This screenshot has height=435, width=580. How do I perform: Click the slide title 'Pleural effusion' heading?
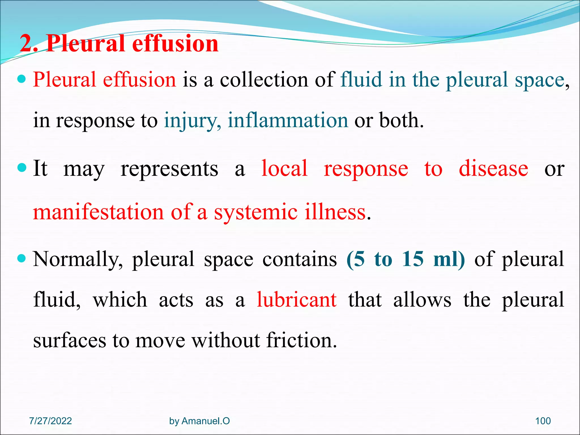(x=119, y=44)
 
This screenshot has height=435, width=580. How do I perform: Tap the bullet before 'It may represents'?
(x=22, y=168)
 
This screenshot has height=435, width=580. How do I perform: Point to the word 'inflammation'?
(x=288, y=120)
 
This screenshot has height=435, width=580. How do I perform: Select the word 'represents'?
(x=169, y=169)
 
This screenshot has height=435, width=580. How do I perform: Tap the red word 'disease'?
(x=493, y=169)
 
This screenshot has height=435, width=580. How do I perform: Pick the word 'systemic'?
(x=255, y=212)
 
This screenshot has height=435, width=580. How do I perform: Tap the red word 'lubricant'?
(x=297, y=300)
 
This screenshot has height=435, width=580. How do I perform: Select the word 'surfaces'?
(x=70, y=340)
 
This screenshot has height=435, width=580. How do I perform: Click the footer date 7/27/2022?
(x=50, y=421)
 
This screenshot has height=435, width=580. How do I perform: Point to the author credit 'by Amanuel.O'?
(x=199, y=421)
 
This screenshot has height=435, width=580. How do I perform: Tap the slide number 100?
(x=543, y=421)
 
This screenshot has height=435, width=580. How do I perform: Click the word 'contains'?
(x=300, y=259)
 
